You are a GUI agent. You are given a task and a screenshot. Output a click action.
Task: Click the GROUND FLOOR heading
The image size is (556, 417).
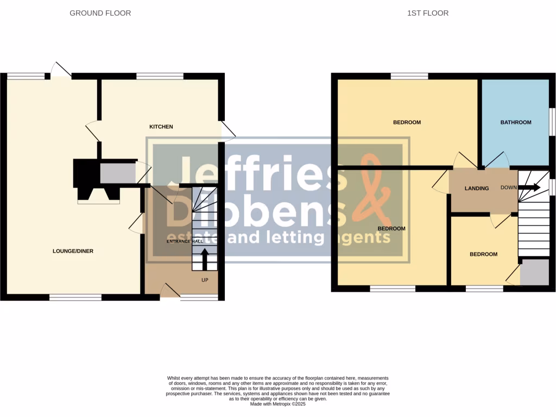click(100, 13)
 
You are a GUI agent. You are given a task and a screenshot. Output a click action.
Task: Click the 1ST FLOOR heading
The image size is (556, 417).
click(428, 13)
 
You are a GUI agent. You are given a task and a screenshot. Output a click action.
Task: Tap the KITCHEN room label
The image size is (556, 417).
click(161, 127)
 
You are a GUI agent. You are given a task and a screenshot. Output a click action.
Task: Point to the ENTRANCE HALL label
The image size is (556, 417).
click(185, 241)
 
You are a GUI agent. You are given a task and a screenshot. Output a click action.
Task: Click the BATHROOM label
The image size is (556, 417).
click(515, 122)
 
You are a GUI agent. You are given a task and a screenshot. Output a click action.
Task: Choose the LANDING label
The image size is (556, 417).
click(477, 188)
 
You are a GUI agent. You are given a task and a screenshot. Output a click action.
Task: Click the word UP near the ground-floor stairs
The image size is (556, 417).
click(205, 280)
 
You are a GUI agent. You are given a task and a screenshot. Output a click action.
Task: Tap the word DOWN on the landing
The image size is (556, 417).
click(509, 187)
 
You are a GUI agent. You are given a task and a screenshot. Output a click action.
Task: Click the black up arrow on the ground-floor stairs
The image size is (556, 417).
click(205, 258)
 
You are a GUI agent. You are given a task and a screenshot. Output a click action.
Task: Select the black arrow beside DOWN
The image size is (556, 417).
click(530, 187)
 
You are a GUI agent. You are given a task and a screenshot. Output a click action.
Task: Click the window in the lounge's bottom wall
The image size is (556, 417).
click(75, 297)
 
